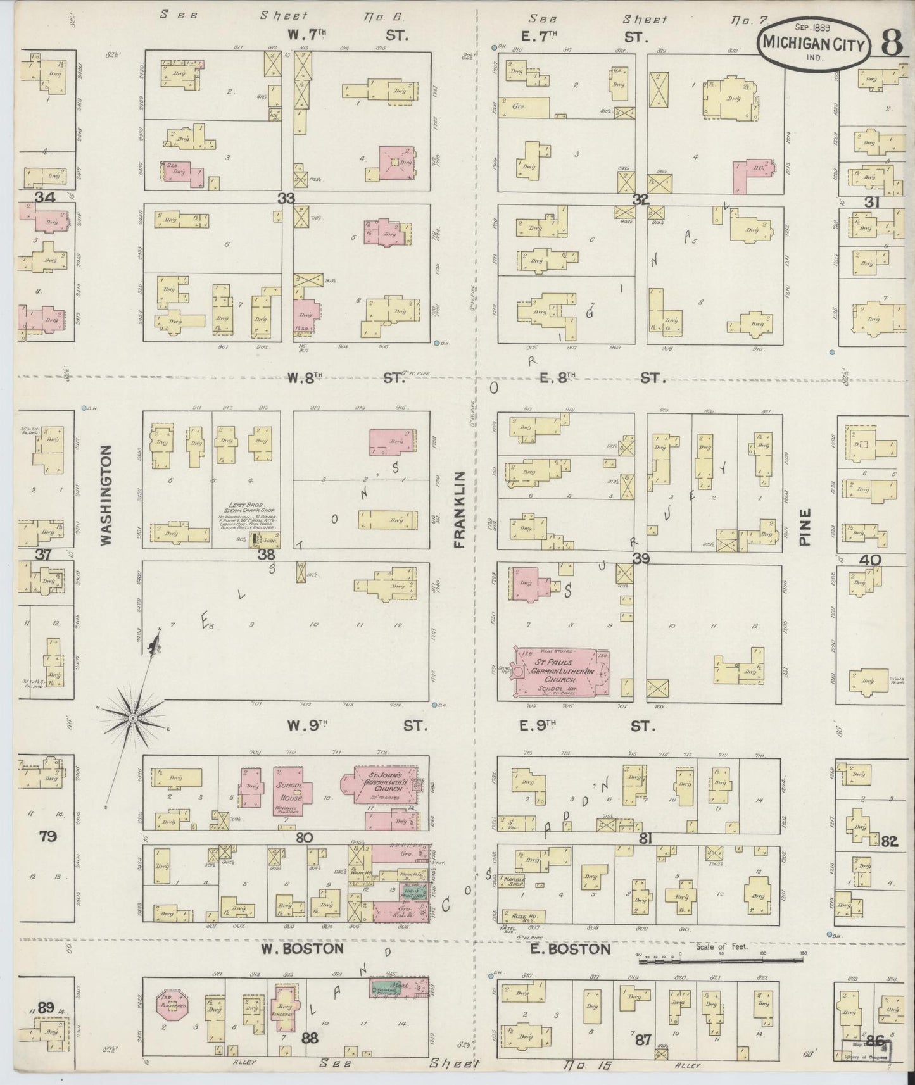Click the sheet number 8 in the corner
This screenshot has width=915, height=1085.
[x=891, y=43]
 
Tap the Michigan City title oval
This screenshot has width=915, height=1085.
[x=813, y=41]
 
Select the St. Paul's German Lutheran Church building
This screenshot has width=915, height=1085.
[x=561, y=673]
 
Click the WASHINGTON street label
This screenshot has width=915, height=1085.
[x=106, y=495]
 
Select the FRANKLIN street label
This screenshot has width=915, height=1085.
[x=459, y=509]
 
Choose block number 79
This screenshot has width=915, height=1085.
[x=47, y=837]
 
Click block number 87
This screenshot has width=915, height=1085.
[x=643, y=1039]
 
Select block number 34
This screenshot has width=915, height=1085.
[x=46, y=198]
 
